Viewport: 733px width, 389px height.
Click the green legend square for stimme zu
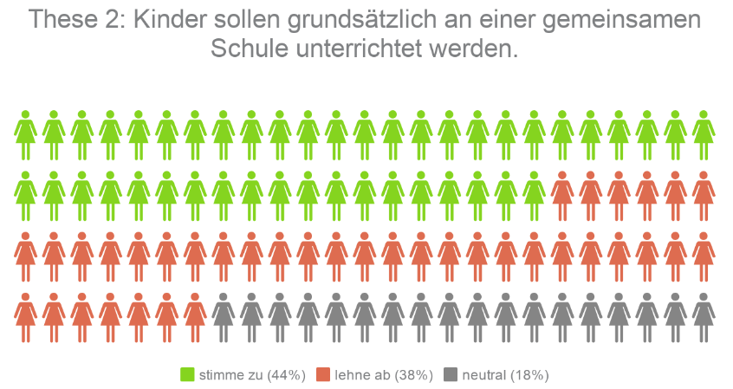tap(187, 374)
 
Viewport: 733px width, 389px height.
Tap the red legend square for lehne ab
tap(323, 374)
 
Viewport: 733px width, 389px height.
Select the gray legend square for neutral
tap(450, 374)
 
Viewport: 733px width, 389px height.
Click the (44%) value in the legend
tap(286, 375)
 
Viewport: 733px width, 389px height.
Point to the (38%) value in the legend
tap(413, 375)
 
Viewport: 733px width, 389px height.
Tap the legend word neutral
tap(483, 375)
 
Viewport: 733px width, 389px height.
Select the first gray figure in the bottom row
tap(223, 317)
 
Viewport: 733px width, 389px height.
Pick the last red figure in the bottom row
tap(195, 317)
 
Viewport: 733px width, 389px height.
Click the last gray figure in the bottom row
tap(704, 317)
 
